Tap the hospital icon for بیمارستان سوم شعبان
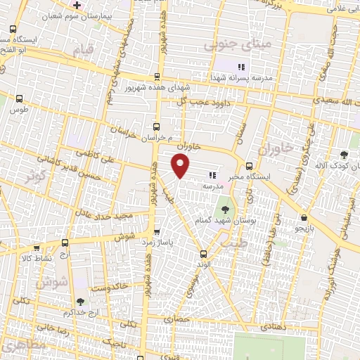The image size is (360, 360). coord(77,5)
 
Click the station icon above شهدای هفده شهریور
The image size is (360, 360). coord(156,78)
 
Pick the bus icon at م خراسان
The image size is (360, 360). coord(156,127)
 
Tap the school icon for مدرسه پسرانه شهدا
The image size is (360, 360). coord(241,67)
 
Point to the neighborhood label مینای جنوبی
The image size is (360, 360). coord(228,46)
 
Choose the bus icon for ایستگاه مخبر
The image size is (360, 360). coord(250,166)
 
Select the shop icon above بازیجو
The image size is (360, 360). coord(303,219)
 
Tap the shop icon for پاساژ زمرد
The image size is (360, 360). coord(156,231)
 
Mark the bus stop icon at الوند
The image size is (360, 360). coord(202,254)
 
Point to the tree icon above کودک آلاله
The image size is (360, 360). coord(344,155)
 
